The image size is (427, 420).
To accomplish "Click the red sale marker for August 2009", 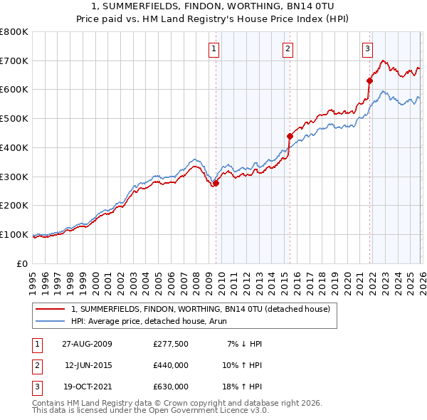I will point(216,183).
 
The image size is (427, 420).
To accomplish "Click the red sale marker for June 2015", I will point(290,136).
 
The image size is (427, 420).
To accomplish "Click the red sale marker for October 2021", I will point(369,80).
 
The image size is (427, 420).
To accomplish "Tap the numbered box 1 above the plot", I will point(213,49).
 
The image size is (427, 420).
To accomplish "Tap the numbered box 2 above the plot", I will point(288,49).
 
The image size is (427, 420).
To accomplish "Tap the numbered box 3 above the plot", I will point(367,49).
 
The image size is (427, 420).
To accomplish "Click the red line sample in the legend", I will point(50,310).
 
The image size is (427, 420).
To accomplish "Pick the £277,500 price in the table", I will point(170,344).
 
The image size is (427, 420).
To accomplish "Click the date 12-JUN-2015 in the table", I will point(88,365).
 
